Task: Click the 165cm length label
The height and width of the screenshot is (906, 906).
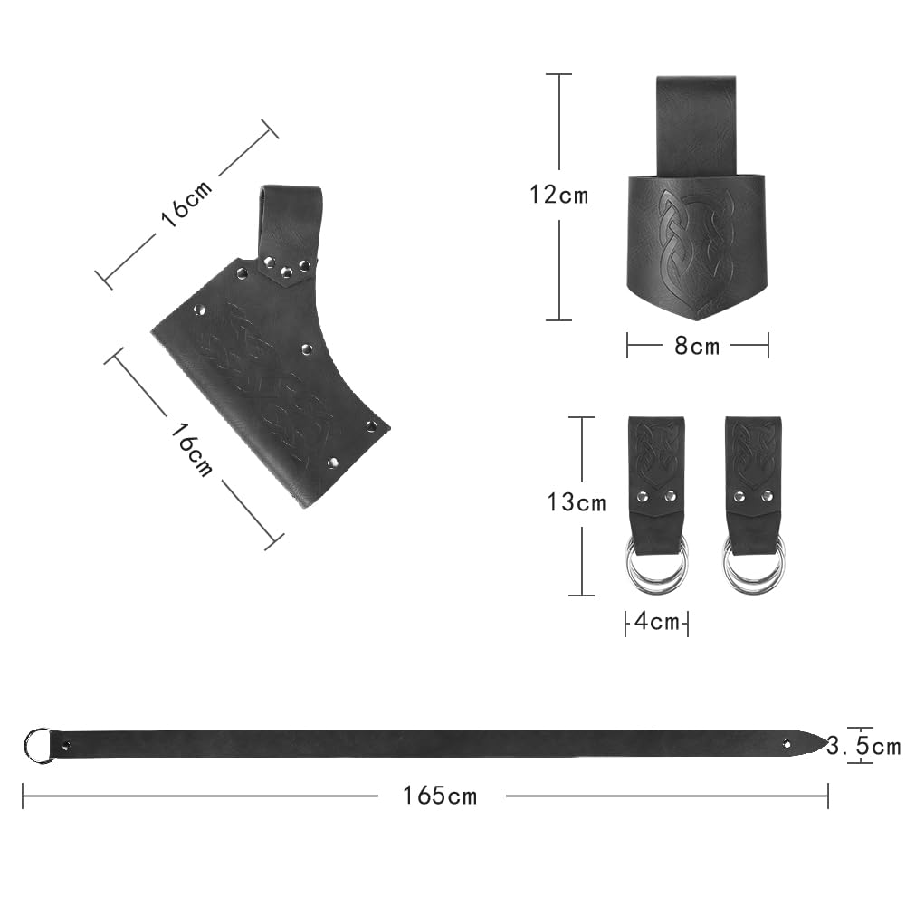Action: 440,796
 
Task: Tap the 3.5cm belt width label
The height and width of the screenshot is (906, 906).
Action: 863,746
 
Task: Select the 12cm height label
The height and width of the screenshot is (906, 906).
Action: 558,195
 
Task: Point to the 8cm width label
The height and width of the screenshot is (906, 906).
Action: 697,346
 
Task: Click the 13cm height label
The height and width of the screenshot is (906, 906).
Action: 577,502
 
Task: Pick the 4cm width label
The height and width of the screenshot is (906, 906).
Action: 656,622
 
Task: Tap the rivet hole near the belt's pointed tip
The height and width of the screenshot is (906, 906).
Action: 787,744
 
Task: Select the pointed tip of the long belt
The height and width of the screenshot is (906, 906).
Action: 827,739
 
